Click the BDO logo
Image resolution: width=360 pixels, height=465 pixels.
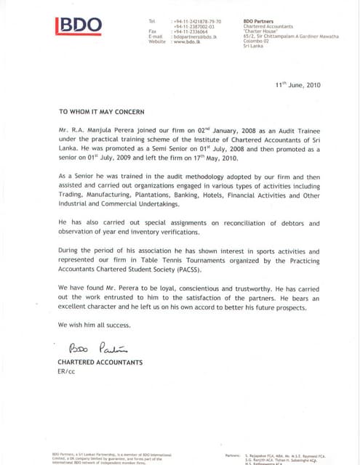pyautogui.click(x=79, y=26)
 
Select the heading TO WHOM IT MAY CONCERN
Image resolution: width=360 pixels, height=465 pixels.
pyautogui.click(x=102, y=112)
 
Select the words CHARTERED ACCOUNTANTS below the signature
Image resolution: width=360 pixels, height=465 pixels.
pyautogui.click(x=100, y=362)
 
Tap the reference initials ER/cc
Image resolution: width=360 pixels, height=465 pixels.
pyautogui.click(x=66, y=371)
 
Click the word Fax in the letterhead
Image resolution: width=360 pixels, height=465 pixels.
pyautogui.click(x=153, y=32)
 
